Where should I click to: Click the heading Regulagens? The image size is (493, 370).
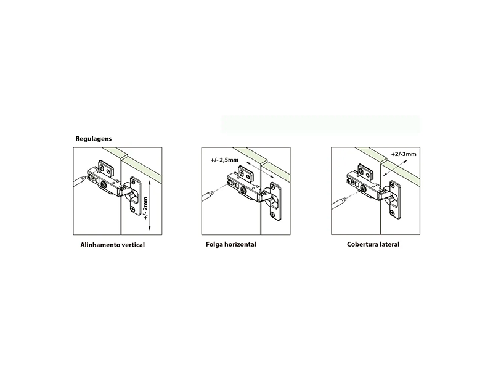(x=94, y=139)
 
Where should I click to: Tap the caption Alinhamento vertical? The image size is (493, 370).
(x=113, y=245)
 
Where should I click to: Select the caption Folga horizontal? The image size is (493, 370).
(x=231, y=244)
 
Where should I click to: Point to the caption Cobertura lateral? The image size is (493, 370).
(x=373, y=244)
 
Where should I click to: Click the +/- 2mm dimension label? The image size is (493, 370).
(x=145, y=208)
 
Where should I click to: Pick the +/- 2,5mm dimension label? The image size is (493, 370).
(x=224, y=160)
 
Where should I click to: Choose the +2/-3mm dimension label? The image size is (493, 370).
(x=404, y=154)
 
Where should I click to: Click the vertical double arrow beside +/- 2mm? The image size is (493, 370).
(x=150, y=206)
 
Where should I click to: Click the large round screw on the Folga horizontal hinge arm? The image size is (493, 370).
(x=244, y=191)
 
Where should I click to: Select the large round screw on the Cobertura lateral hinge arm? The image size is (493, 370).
(x=363, y=189)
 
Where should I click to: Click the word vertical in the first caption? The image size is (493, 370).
(x=132, y=245)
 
